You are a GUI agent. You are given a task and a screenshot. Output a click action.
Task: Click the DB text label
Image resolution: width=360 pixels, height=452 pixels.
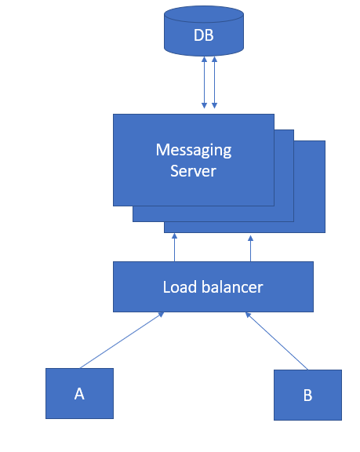204,35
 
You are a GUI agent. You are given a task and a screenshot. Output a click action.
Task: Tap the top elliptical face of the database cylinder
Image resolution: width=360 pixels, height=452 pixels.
204,14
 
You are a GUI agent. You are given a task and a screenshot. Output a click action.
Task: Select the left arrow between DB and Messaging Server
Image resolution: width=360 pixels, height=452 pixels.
205,82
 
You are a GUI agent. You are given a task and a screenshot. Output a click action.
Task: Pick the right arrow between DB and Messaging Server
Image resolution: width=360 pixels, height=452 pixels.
214,82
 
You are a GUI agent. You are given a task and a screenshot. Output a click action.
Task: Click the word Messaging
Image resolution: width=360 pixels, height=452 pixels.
194,149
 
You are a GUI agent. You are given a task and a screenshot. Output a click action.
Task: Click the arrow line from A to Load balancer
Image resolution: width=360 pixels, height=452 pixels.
122,340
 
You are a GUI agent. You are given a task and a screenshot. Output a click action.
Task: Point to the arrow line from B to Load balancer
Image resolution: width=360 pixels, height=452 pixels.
278,341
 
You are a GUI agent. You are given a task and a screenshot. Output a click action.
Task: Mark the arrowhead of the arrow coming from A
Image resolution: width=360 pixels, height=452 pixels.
161,315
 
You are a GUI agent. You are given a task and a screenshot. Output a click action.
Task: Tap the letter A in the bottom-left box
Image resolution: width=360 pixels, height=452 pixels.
79,394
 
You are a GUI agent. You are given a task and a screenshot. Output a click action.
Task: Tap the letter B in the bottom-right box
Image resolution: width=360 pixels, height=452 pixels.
307,395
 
